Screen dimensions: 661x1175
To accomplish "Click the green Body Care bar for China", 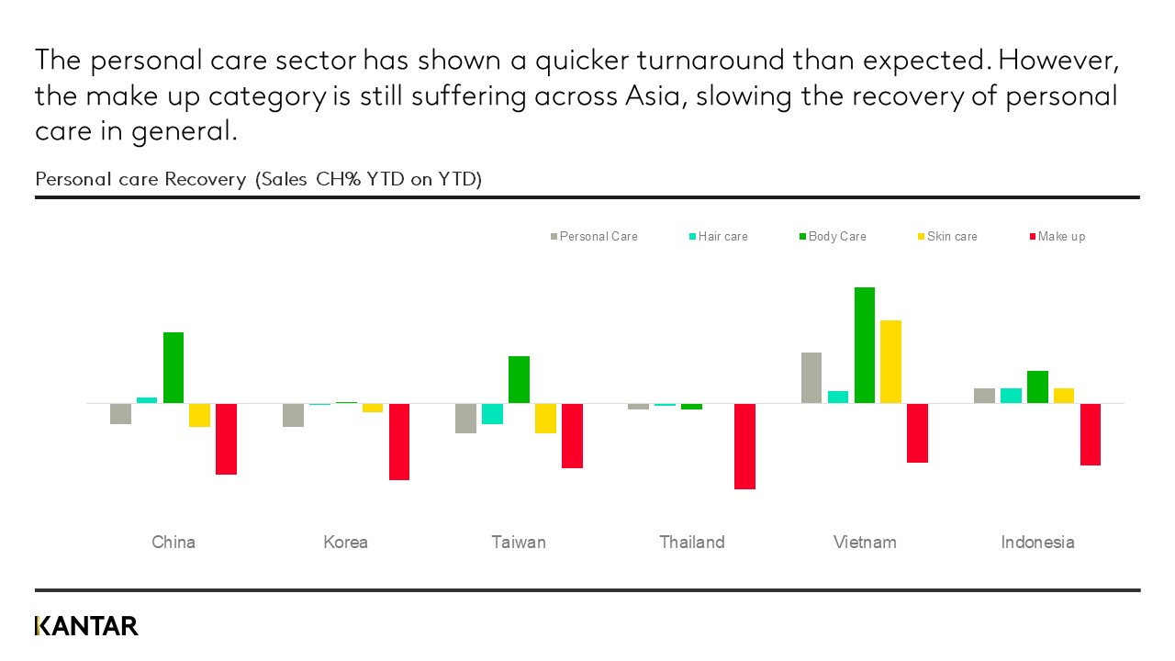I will [x=173, y=367].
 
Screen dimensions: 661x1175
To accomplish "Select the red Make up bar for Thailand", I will [x=744, y=446].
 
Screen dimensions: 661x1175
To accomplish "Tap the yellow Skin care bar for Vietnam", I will [x=890, y=362].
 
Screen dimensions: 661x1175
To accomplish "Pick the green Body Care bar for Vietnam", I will [x=865, y=345].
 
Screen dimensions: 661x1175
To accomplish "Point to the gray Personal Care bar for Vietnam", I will [x=811, y=377].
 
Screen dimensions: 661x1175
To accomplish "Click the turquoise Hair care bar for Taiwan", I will [x=492, y=414].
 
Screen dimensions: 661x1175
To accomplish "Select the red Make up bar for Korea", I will [x=399, y=442].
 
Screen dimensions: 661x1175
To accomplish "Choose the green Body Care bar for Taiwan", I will [x=519, y=379].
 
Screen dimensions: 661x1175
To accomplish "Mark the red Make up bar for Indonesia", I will [x=1091, y=434].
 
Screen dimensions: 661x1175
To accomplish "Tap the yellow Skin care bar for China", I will [x=199, y=415].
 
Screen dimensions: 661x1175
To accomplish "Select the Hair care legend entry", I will [x=718, y=237].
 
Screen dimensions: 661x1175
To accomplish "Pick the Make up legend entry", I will [x=1057, y=237].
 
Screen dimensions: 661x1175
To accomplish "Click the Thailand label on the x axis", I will [x=692, y=543].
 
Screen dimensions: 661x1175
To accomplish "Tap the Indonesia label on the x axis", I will [x=1037, y=543].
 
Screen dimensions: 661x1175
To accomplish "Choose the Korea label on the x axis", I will [x=346, y=543].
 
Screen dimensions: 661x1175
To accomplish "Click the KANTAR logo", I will [x=86, y=626].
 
